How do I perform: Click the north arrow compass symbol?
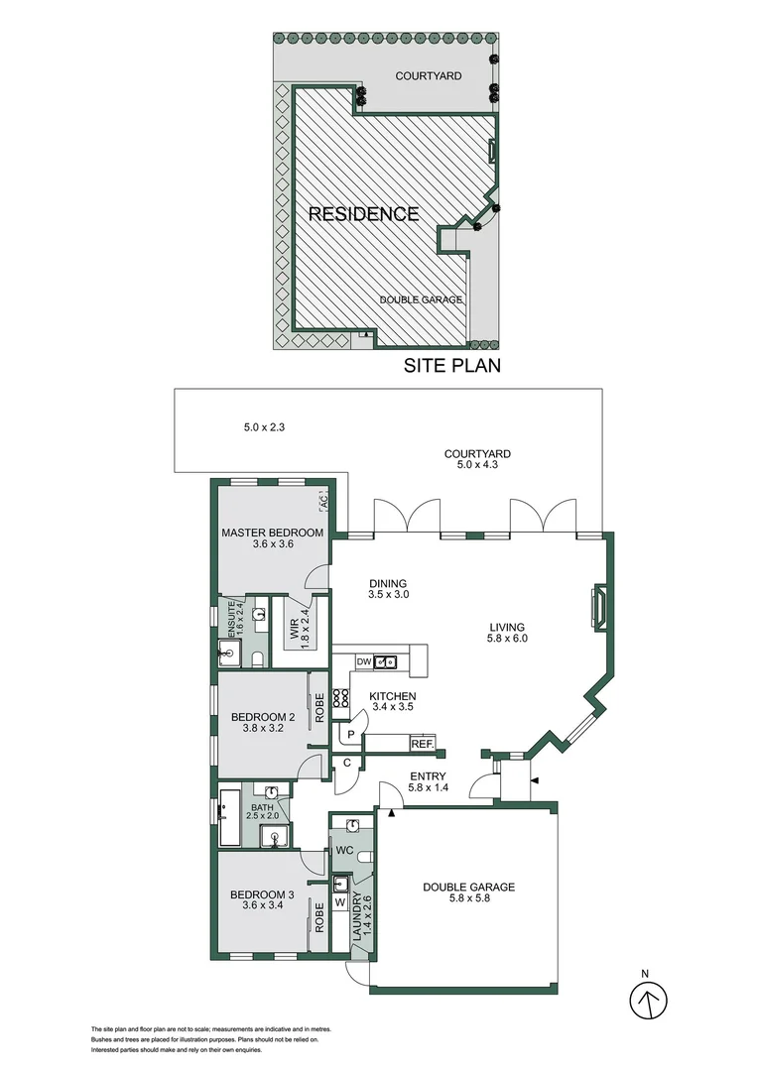(650, 1000)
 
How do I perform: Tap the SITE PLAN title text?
(451, 365)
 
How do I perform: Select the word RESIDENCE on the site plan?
(362, 213)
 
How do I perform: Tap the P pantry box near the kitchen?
(351, 735)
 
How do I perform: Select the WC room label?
(346, 850)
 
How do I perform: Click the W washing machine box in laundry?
(340, 902)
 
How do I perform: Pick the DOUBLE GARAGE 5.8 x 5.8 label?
(468, 894)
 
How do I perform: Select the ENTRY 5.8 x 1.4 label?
(428, 782)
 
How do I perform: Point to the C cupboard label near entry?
(347, 763)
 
